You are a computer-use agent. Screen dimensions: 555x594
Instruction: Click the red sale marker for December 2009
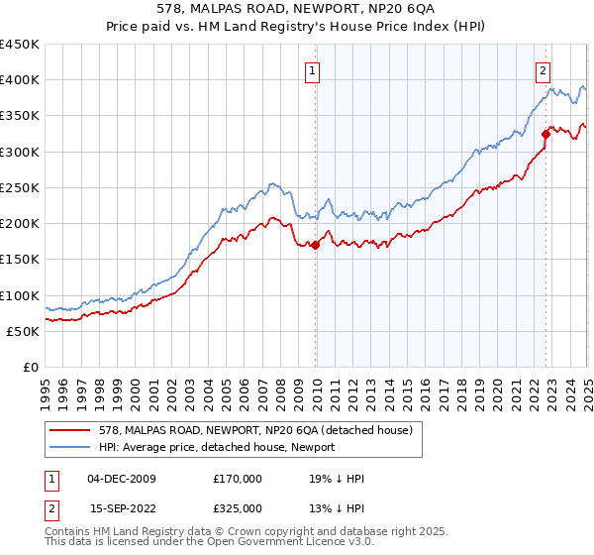coord(316,246)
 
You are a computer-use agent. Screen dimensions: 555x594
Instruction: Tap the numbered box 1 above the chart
coord(312,70)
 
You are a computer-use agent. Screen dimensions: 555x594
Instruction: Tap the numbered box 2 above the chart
coord(544,70)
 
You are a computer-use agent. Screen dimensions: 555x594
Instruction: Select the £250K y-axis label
coord(20,187)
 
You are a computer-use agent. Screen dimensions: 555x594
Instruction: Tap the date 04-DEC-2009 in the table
coord(122,479)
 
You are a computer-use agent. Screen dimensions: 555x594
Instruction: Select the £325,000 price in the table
coord(238,508)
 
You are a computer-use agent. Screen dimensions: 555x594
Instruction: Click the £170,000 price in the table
coord(238,479)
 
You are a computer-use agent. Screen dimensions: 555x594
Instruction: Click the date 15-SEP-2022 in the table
coord(122,508)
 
